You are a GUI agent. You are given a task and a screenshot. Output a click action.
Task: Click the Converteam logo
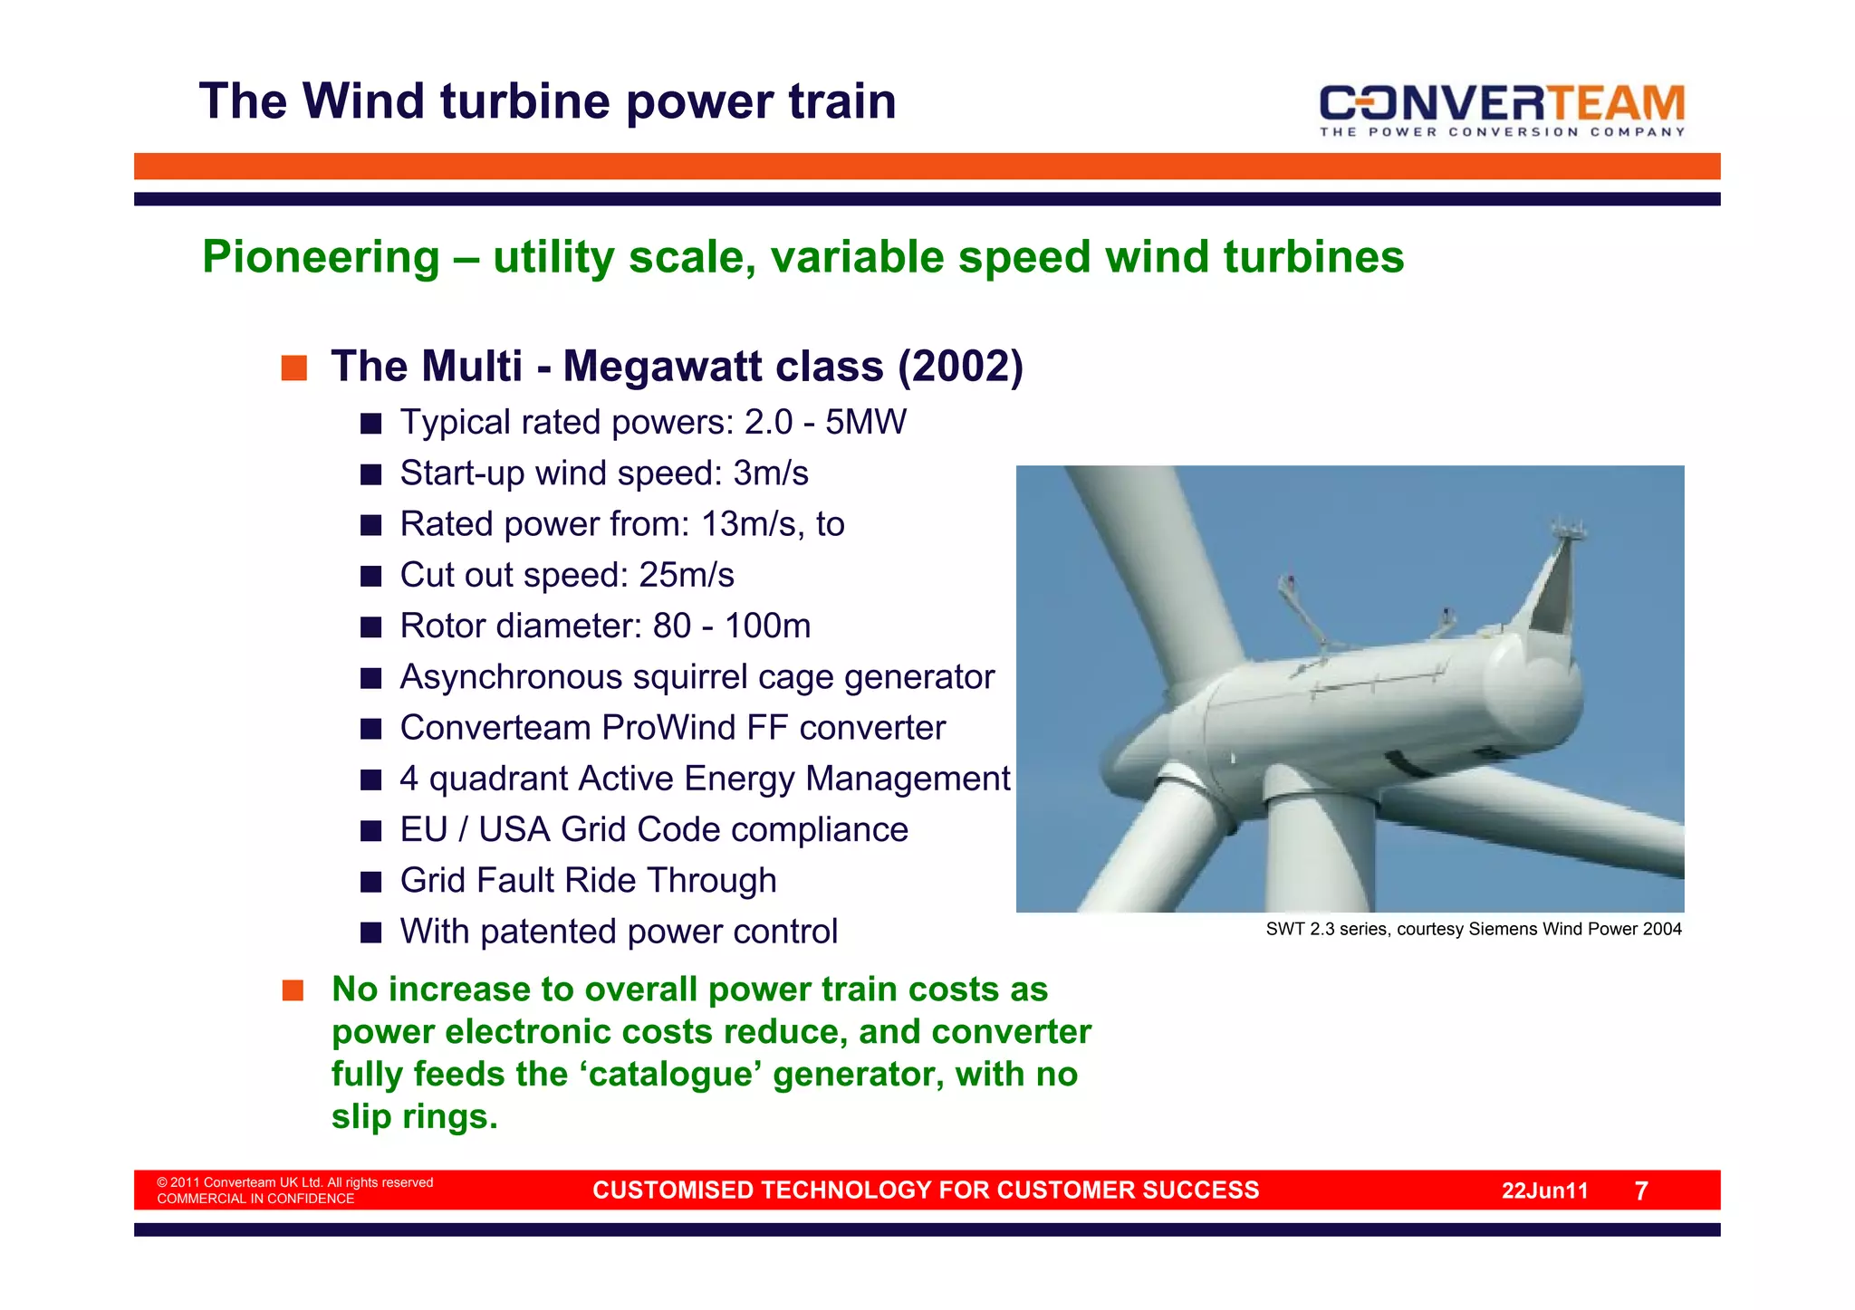click(1502, 109)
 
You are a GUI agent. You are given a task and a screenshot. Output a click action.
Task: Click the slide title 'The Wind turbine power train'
click(547, 100)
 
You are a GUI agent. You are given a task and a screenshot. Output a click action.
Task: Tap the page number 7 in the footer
click(1640, 1190)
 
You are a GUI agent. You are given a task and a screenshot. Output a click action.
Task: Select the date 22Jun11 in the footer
click(1544, 1190)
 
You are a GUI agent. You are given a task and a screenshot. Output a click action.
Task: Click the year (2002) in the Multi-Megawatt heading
click(960, 367)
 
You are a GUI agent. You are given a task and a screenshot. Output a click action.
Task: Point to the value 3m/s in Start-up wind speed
click(770, 473)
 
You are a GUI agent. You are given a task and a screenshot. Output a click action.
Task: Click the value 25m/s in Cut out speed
click(686, 575)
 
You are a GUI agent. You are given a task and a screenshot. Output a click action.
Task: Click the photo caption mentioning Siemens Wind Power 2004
click(1473, 929)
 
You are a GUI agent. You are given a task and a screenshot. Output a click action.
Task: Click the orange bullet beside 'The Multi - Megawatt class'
click(293, 368)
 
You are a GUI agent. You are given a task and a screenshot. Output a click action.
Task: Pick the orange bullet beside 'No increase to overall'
click(293, 990)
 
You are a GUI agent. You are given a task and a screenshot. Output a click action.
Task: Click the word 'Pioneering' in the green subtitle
click(321, 257)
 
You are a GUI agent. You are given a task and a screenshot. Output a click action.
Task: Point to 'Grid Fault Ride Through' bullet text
click(588, 880)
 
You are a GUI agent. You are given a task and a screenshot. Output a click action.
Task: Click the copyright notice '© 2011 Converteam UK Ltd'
click(294, 1182)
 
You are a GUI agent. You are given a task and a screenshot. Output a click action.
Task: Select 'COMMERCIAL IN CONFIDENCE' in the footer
click(255, 1199)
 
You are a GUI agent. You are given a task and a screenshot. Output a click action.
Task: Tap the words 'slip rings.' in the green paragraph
click(414, 1116)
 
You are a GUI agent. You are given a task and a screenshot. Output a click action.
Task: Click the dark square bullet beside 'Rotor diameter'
click(370, 626)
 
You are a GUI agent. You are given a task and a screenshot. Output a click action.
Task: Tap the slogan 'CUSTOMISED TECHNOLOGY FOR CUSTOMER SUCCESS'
click(925, 1190)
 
